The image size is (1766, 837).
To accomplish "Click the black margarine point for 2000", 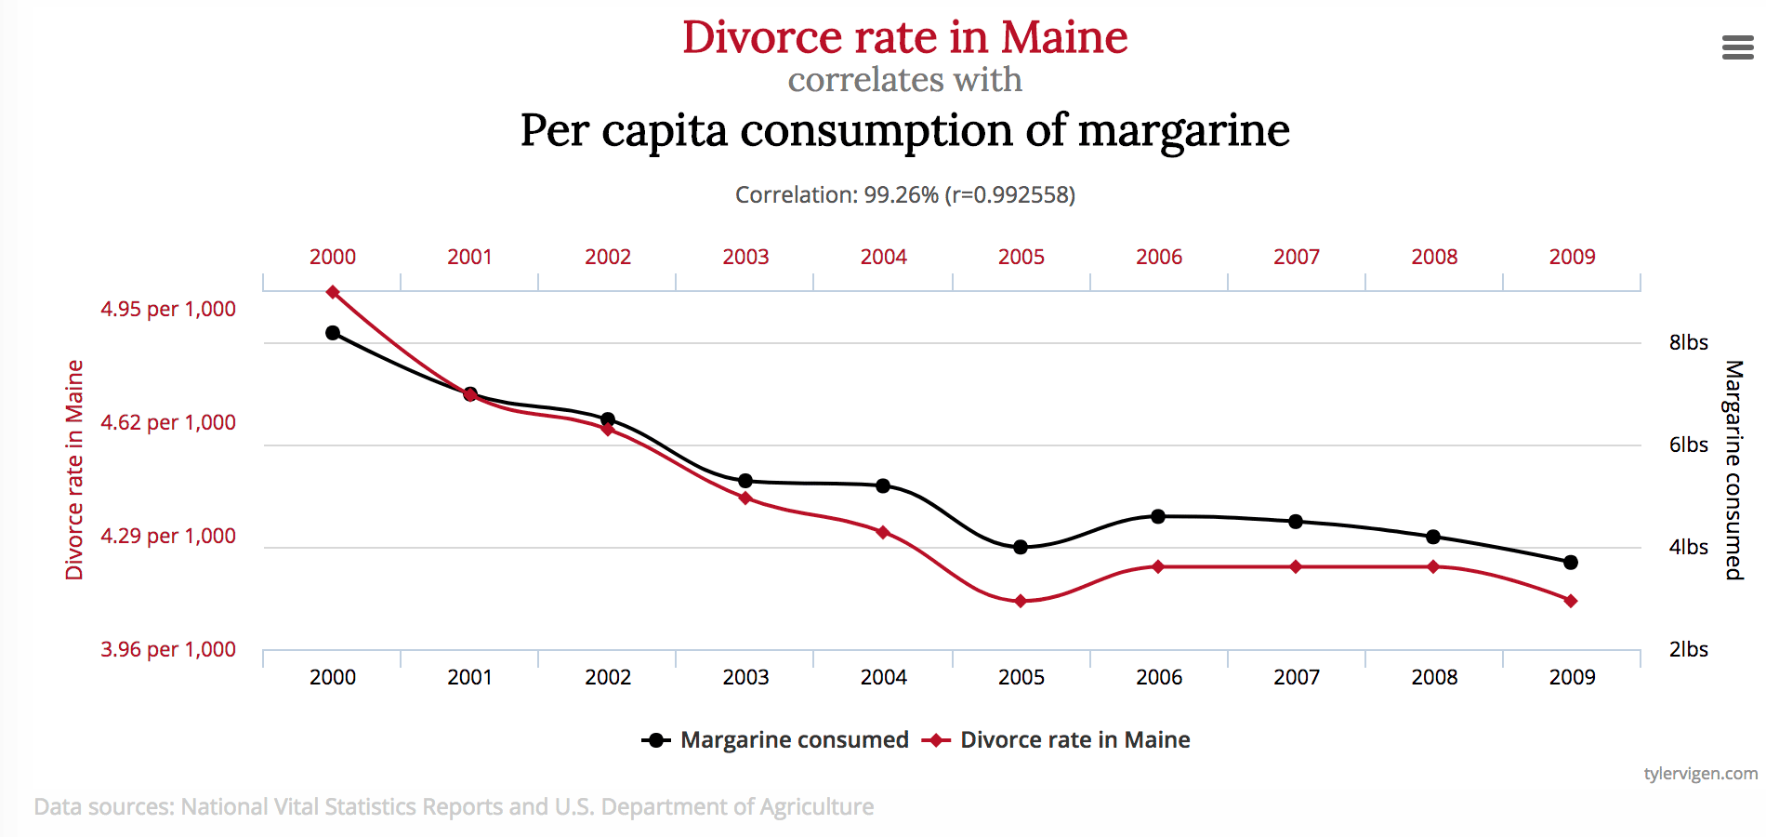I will pos(333,332).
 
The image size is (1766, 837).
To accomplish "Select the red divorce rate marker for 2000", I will pos(333,292).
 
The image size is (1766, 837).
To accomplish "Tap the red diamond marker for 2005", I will pos(1021,601).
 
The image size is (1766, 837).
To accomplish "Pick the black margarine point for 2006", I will pos(1158,516).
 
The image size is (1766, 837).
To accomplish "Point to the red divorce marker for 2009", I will pos(1571,601).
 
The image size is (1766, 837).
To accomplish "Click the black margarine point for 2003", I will pos(745,481).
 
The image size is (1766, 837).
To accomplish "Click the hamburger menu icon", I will pos(1737,47).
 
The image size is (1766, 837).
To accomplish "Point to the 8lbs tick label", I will pos(1688,342).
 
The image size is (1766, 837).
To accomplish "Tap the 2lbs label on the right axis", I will pos(1688,649).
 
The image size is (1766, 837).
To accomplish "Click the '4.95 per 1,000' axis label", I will pos(168,309).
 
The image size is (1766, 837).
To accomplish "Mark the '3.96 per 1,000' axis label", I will pos(168,649).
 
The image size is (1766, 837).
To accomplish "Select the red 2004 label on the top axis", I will pos(883,257).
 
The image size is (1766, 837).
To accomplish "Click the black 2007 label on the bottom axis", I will pos(1296,677).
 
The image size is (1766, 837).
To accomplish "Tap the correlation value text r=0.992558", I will pos(1009,195).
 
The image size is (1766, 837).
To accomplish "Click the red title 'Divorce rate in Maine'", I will pos(904,37).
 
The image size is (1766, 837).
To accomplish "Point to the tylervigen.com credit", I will pos(1700,774).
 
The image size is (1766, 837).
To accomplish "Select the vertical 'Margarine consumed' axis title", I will pos(1733,470).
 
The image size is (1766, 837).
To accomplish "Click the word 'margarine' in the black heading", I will pos(1183,130).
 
